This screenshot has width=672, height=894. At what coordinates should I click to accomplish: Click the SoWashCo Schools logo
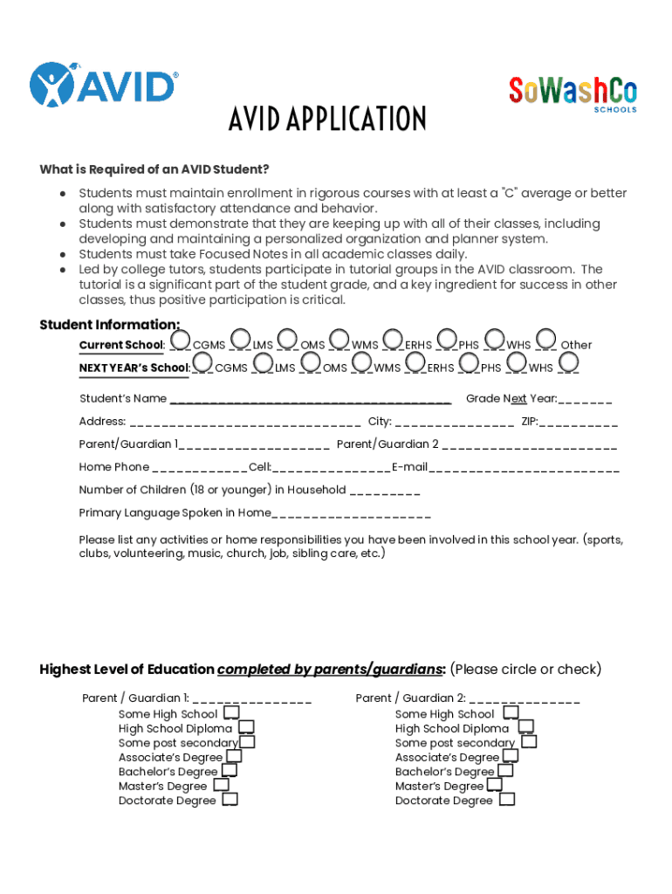573,93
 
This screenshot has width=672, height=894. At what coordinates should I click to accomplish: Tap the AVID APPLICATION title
327,119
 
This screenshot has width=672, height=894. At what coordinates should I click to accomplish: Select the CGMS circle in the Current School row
181,338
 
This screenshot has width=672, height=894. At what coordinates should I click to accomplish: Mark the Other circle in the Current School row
547,338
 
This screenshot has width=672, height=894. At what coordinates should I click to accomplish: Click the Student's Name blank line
311,400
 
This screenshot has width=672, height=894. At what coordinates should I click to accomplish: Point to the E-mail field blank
524,468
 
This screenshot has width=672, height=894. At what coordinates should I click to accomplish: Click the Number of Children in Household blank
384,491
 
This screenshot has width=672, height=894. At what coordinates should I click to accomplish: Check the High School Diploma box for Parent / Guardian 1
247,727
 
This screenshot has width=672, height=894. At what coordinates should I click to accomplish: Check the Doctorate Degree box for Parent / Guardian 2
506,799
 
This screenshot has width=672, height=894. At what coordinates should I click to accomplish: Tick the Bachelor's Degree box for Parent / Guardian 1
230,770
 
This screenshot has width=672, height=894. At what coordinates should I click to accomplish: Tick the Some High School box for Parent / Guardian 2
511,713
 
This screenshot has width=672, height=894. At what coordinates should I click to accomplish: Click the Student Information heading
96,326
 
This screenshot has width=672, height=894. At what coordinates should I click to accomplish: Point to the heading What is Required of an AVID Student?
154,169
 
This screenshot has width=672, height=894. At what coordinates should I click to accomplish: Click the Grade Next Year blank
585,400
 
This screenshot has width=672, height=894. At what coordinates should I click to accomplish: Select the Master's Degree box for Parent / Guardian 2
494,784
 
